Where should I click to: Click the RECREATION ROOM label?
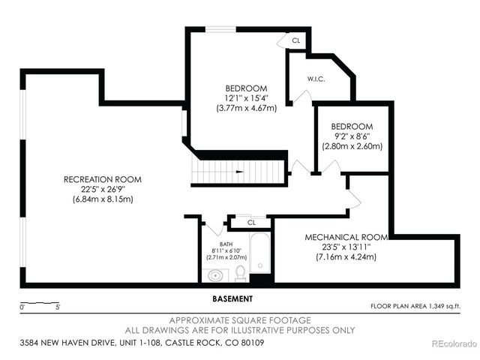103,180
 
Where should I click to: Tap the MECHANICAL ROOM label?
346,237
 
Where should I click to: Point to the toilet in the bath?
241,272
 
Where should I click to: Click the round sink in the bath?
215,275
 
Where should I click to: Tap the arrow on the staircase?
238,172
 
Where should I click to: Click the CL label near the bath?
251,222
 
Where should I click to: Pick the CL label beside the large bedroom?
295,40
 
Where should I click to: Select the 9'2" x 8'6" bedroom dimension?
352,136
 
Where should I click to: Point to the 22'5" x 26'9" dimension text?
103,190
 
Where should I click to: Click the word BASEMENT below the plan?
232,298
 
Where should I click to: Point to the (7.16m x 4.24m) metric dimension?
346,256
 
